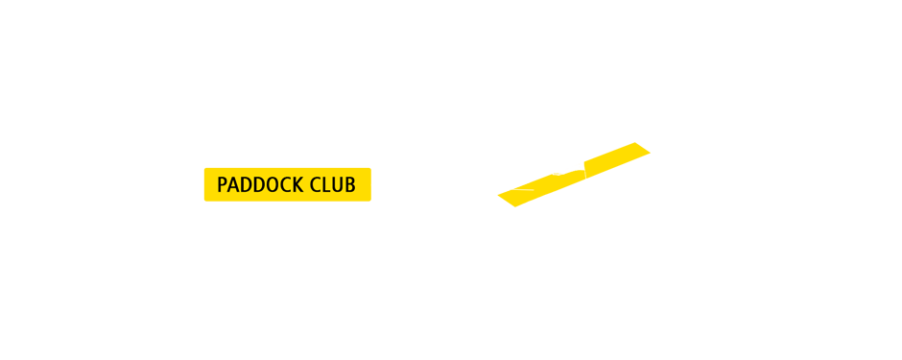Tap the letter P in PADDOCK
point(223,184)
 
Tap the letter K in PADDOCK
point(299,184)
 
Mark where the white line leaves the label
point(372,184)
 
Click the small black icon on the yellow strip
point(573,167)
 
